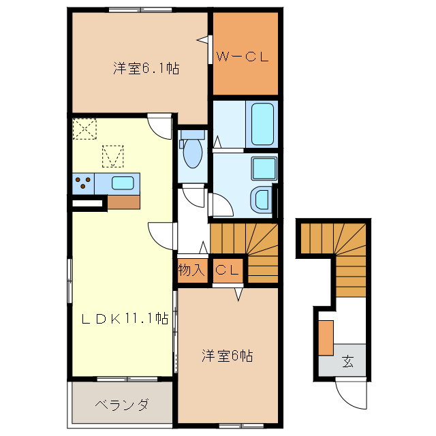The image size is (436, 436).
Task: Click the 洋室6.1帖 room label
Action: pos(146,68)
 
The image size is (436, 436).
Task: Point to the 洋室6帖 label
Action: pos(228,355)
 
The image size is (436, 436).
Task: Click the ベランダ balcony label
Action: pos(122,405)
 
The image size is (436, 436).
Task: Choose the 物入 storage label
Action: pos(191,270)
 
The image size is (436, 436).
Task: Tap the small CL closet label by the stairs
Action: pos(228,270)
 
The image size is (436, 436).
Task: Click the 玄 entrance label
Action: pos(348,361)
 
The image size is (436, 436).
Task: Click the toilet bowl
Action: pos(193,153)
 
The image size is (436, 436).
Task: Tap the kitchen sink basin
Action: pos(123,183)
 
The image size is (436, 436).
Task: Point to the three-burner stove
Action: pos(84,183)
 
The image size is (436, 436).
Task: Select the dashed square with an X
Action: pos(85,128)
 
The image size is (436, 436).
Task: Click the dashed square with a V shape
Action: pos(113,156)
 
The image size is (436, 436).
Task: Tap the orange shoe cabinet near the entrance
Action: pos(326,337)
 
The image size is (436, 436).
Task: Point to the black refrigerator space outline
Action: pos(87,202)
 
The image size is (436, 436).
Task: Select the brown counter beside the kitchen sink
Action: pos(123,201)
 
